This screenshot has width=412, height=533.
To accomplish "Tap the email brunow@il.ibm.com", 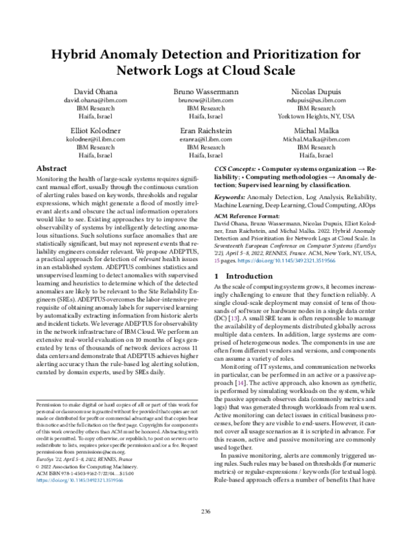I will (x=206, y=100).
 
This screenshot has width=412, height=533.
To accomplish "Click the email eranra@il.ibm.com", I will (x=206, y=139).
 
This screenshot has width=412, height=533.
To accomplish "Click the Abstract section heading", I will (x=51, y=168).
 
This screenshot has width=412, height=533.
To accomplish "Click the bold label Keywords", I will (x=233, y=197).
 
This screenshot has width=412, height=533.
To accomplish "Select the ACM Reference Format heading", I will (x=250, y=215).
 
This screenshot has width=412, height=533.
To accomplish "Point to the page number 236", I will (x=205, y=510).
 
